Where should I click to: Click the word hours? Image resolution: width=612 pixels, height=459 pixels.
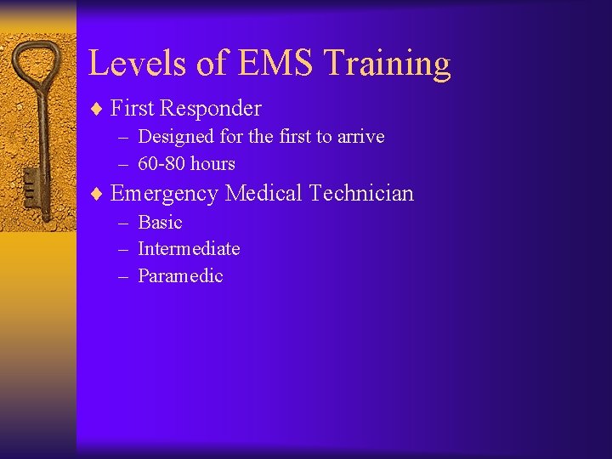(x=212, y=163)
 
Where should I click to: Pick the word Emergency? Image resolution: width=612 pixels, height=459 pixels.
(x=164, y=194)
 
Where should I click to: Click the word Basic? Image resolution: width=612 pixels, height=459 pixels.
(x=160, y=222)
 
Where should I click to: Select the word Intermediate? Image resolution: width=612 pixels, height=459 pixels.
(x=189, y=249)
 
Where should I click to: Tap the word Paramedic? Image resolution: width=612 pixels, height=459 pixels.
(x=180, y=276)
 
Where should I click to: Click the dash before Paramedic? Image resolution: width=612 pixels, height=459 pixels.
(x=123, y=276)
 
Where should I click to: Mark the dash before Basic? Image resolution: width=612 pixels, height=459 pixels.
(x=123, y=223)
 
